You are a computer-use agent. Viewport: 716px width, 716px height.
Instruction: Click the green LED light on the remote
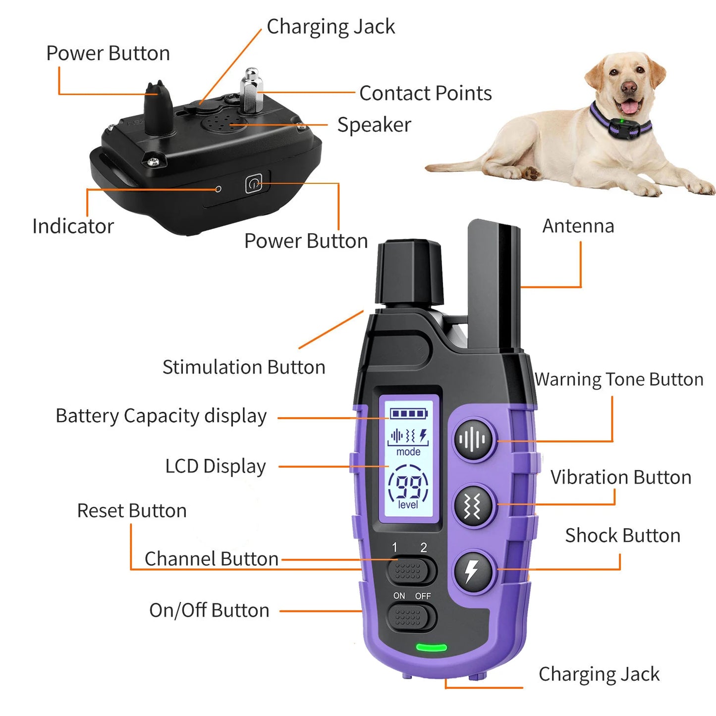(431, 647)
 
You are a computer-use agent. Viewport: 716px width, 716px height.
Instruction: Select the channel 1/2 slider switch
(411, 571)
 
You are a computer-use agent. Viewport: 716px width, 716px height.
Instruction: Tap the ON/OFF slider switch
(411, 618)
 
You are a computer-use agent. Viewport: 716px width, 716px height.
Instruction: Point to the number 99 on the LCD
(408, 487)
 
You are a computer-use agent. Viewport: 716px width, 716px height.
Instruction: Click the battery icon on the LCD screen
(408, 413)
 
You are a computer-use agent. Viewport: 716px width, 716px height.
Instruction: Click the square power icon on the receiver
(254, 184)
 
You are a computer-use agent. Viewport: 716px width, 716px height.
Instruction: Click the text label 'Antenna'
(578, 226)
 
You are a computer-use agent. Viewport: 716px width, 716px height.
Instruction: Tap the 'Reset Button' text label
(132, 510)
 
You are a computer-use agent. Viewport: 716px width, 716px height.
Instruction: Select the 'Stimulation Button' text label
(244, 367)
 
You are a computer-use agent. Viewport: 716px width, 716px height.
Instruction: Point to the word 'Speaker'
(374, 125)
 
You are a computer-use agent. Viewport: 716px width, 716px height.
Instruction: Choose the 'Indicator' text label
(73, 226)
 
